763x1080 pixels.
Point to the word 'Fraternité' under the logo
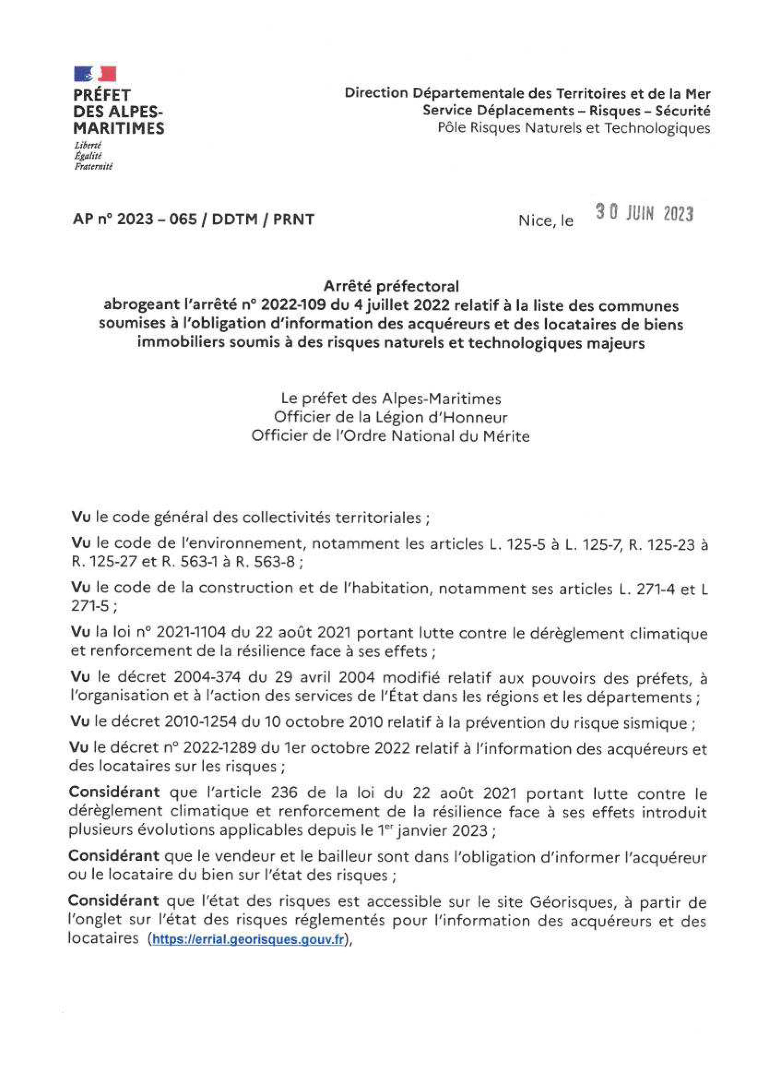point(93,166)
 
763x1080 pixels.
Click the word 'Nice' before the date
point(534,220)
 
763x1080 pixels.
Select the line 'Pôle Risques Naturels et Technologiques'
point(574,128)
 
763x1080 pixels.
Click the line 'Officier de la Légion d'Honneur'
point(391,417)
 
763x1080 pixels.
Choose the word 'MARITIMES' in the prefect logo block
point(119,128)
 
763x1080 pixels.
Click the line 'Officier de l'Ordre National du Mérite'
point(391,436)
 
